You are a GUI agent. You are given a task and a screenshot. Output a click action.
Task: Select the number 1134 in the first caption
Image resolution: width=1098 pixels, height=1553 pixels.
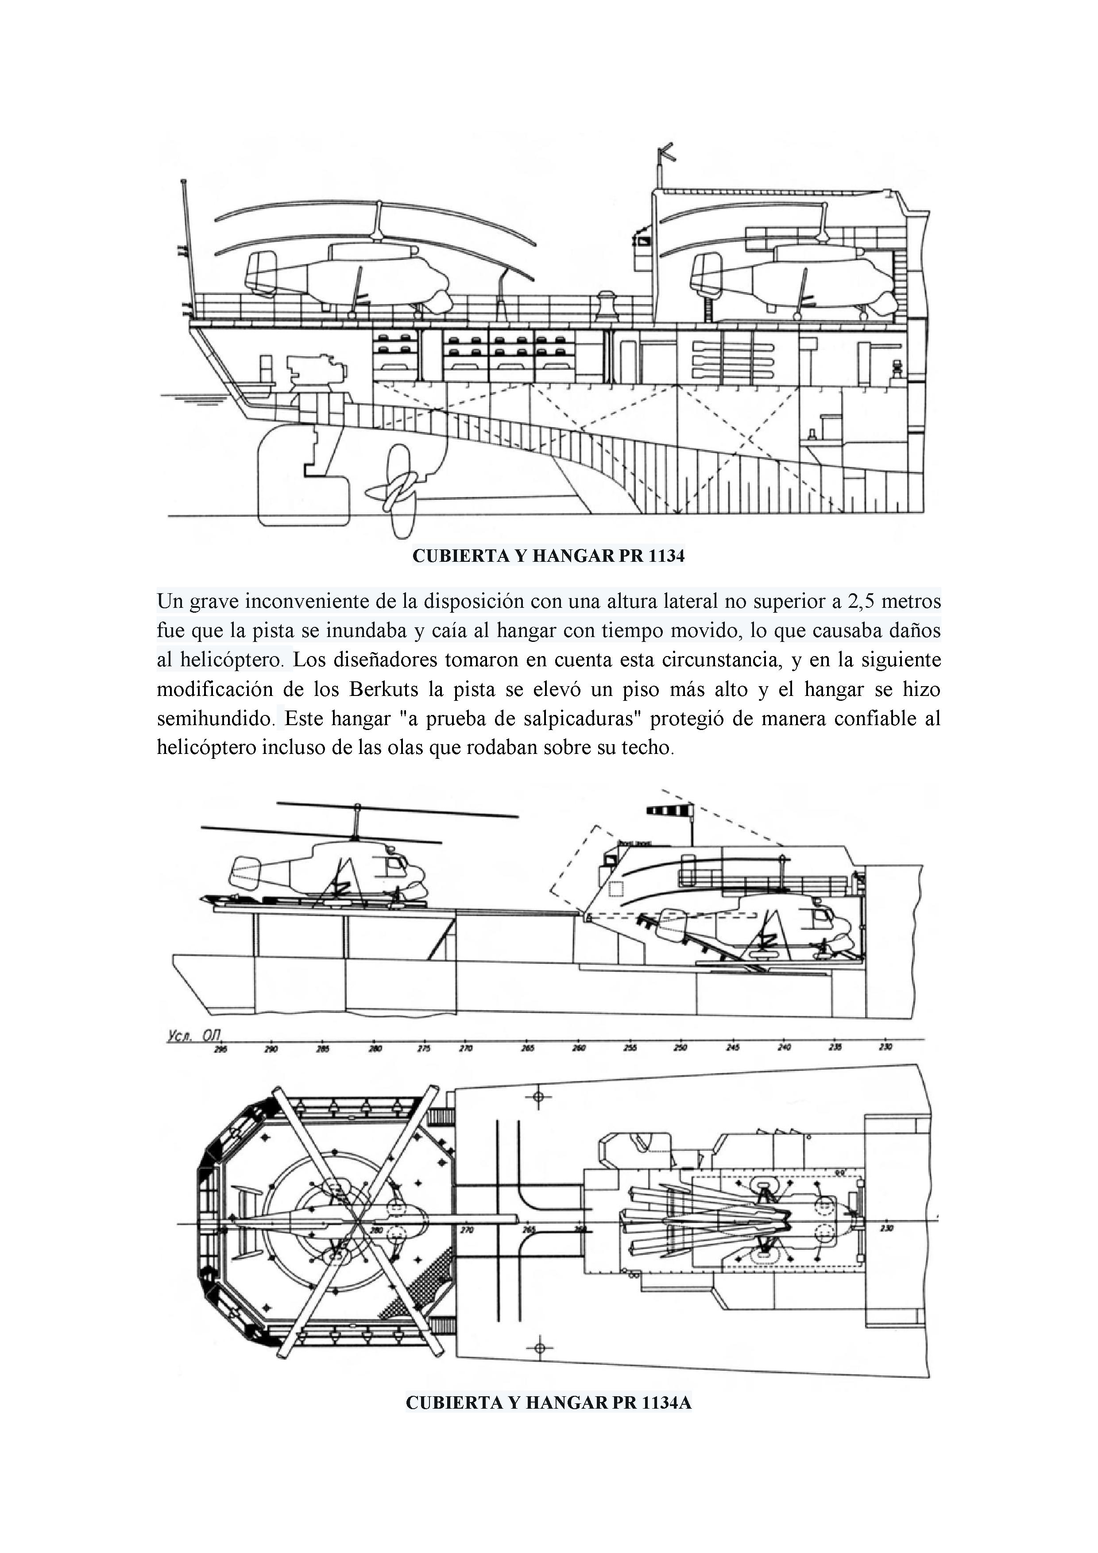coord(666,556)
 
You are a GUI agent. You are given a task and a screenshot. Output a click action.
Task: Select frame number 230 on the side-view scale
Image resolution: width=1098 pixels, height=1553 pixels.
coord(885,1047)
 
